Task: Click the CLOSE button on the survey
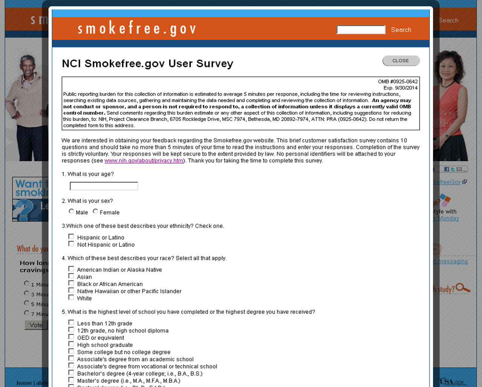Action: pyautogui.click(x=401, y=61)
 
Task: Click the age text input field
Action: pyautogui.click(x=104, y=186)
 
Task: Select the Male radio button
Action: pyautogui.click(x=71, y=211)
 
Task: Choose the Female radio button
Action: pyautogui.click(x=95, y=211)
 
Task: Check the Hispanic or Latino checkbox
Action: pyautogui.click(x=71, y=237)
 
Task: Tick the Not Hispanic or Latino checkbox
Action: pyautogui.click(x=71, y=244)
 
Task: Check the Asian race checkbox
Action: pyautogui.click(x=71, y=276)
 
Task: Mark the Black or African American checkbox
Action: pyautogui.click(x=71, y=283)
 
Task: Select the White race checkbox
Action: pyautogui.click(x=71, y=298)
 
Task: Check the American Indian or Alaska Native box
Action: pyautogui.click(x=71, y=269)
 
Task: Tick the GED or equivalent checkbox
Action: pyautogui.click(x=71, y=337)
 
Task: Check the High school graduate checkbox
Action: pyautogui.click(x=71, y=344)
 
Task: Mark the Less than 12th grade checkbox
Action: pyautogui.click(x=71, y=323)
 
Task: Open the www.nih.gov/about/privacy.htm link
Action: pyautogui.click(x=144, y=161)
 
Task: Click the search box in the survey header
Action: pyautogui.click(x=361, y=30)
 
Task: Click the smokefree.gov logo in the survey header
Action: pyautogui.click(x=137, y=29)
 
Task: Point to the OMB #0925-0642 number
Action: pyautogui.click(x=398, y=81)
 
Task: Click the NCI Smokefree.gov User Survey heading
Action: pyautogui.click(x=147, y=63)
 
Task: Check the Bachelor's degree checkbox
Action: pyautogui.click(x=71, y=373)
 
